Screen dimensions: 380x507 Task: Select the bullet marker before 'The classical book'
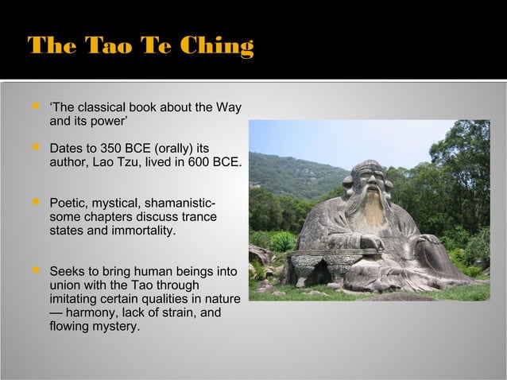[34, 107]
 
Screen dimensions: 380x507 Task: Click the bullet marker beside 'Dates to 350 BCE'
[34, 147]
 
